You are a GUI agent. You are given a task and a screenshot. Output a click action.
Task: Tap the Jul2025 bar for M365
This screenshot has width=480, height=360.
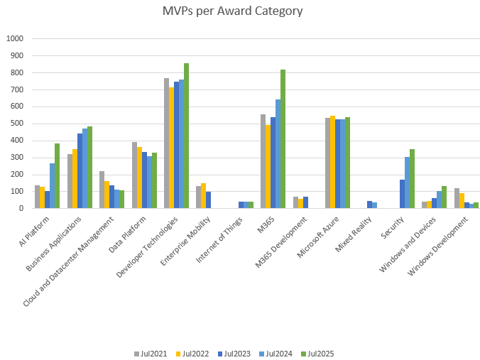283,139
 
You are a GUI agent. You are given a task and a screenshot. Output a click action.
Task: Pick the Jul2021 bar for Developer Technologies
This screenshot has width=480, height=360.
167,143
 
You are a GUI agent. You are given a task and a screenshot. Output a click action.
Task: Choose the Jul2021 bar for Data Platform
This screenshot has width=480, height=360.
134,175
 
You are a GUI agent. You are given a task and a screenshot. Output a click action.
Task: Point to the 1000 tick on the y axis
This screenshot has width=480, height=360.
14,38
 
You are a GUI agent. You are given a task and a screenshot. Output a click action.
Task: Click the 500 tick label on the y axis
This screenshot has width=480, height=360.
16,124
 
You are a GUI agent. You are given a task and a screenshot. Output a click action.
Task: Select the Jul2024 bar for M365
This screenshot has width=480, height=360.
278,154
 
